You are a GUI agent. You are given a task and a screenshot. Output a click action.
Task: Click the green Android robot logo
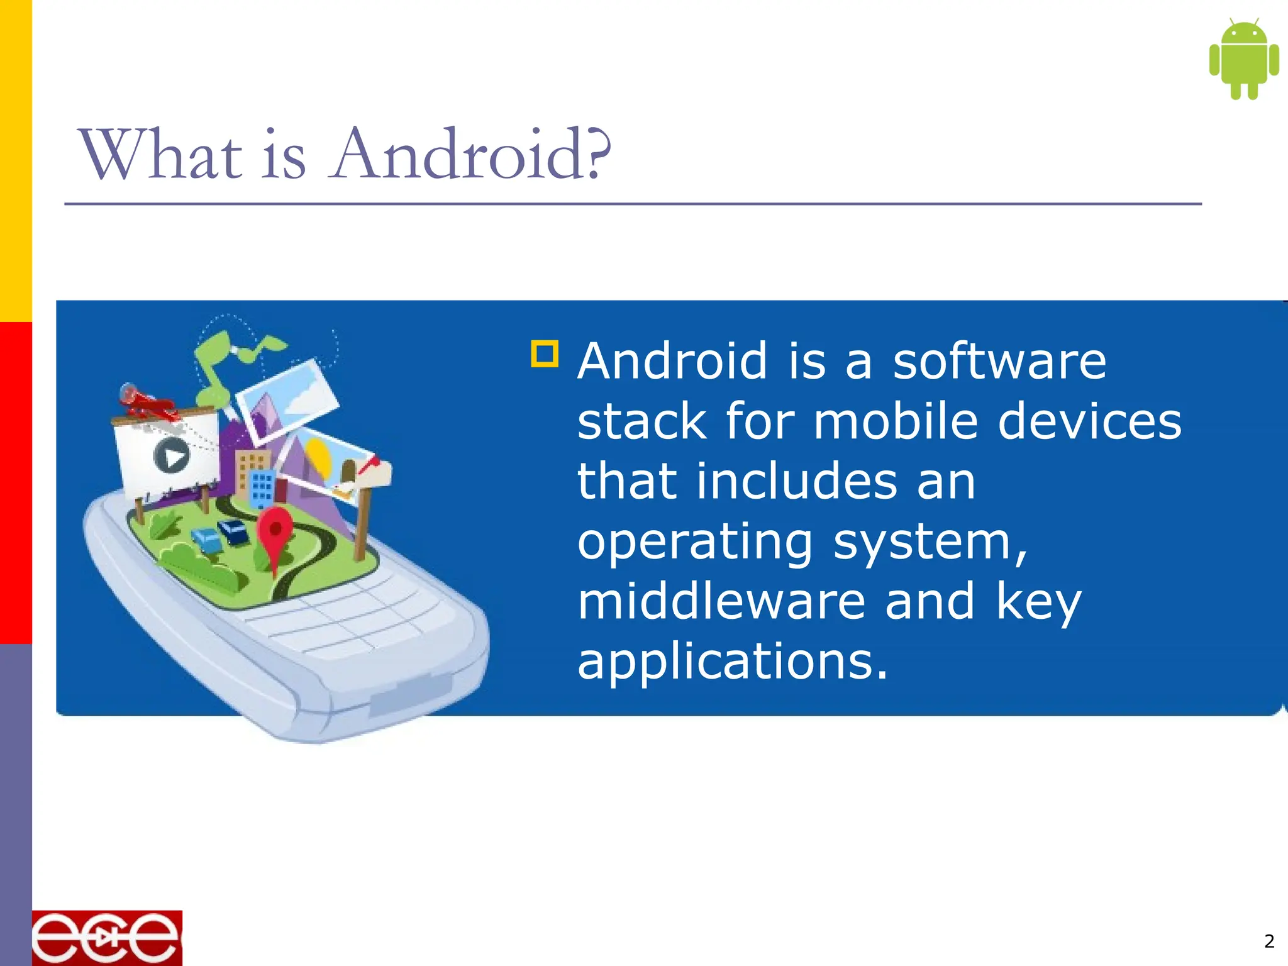(x=1243, y=60)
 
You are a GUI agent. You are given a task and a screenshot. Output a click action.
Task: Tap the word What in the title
(x=161, y=155)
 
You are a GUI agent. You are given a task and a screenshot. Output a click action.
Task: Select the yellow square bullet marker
(x=545, y=353)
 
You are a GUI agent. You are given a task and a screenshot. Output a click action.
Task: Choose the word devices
(x=1089, y=421)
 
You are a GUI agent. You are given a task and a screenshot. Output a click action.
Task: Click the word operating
(x=695, y=542)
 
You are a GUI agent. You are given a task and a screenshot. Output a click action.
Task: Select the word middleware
(x=721, y=601)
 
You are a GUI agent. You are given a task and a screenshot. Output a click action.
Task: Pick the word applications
(x=732, y=662)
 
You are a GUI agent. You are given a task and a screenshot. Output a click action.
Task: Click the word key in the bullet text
(x=1038, y=602)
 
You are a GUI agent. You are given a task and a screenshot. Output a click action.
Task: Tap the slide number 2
(x=1269, y=941)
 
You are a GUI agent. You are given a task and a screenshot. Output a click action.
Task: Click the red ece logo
(x=107, y=938)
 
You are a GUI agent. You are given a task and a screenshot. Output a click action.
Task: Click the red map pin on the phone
(x=274, y=531)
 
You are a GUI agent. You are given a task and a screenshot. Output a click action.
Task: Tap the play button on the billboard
(x=171, y=455)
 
